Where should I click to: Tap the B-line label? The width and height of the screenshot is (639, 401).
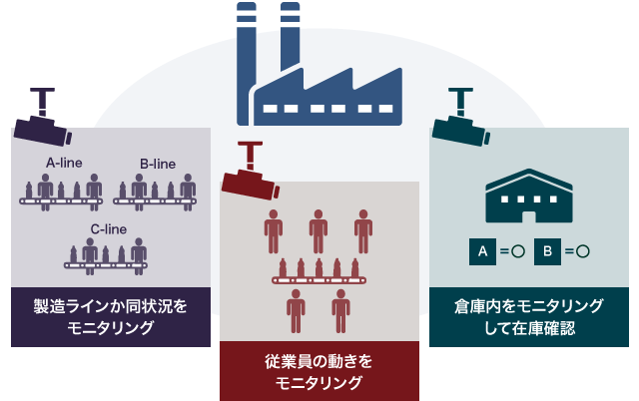pos(157,162)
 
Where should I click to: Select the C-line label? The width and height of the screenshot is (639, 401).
pos(108,228)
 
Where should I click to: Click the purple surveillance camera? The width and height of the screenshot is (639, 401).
pos(40,121)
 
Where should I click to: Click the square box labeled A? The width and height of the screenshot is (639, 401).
pos(481,251)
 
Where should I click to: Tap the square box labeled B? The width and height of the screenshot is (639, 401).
pos(548,251)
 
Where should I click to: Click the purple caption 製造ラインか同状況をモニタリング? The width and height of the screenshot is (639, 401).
pos(110,317)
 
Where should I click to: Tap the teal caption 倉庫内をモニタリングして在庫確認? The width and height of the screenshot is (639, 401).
pos(528,317)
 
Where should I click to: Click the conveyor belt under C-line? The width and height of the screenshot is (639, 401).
pos(106,265)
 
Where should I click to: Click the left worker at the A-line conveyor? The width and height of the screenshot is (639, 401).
pos(44,188)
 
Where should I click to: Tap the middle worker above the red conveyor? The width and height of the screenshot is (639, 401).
pos(319,229)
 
